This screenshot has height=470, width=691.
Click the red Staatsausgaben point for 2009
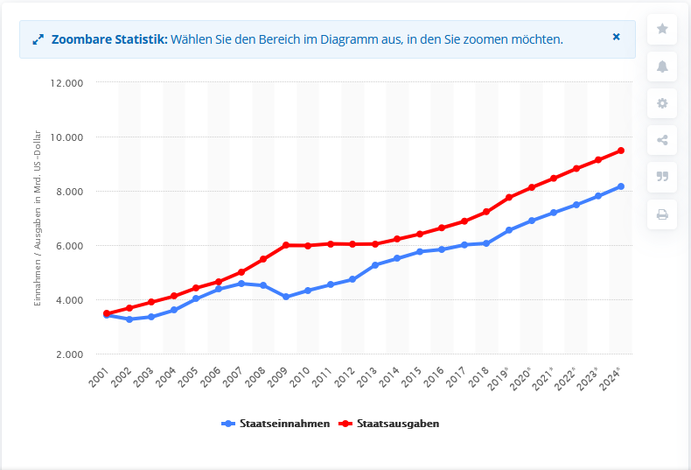click(285, 245)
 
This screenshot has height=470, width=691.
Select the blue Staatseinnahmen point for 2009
click(285, 297)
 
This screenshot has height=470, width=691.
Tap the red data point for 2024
click(621, 151)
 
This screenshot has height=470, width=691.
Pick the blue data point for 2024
click(621, 186)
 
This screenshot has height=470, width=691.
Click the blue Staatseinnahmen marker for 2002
click(129, 319)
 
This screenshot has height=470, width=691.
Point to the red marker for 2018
click(486, 212)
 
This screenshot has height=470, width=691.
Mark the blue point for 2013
click(374, 265)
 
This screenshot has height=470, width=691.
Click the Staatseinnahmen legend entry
click(276, 424)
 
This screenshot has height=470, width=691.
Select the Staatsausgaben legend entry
click(390, 424)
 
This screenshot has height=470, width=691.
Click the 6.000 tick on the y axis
click(68, 246)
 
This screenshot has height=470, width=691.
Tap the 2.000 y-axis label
click(68, 354)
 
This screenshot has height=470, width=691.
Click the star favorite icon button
click(662, 29)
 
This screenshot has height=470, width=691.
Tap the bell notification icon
click(662, 66)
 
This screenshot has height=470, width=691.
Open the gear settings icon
click(662, 103)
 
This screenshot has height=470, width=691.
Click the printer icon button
click(662, 214)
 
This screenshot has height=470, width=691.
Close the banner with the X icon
click(616, 38)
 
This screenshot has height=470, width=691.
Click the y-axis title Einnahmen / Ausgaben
click(38, 219)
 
